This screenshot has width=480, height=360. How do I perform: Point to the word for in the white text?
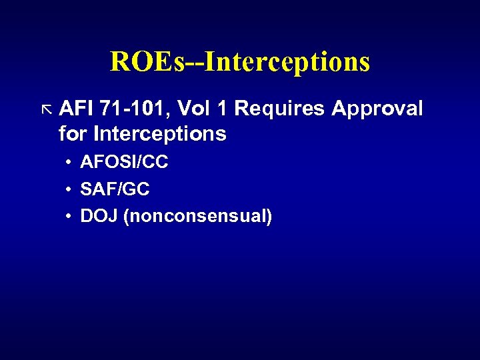click(73, 134)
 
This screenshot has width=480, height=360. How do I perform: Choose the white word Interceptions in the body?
click(160, 134)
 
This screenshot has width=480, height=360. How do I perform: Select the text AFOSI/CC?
click(124, 163)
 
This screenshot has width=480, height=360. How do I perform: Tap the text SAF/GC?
click(115, 189)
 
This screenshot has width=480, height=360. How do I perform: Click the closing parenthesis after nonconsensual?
click(269, 217)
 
